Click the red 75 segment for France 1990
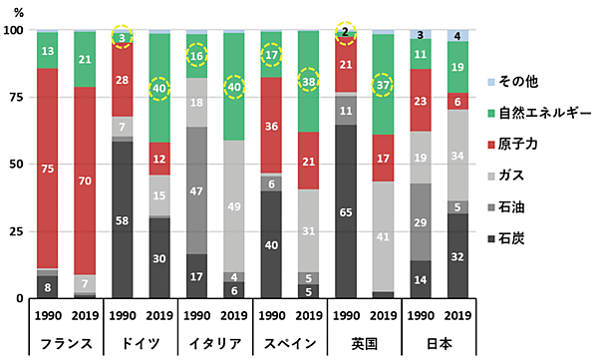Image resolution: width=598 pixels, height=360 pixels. (48, 169)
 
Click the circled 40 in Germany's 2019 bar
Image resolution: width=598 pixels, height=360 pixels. (158, 89)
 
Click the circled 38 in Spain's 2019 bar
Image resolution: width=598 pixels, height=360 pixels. (310, 81)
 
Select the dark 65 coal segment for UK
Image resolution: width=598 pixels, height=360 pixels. (344, 212)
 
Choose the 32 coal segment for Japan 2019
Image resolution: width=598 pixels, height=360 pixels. (456, 255)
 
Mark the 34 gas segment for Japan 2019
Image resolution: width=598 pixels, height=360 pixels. (456, 156)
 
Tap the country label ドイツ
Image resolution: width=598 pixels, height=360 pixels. (140, 343)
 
